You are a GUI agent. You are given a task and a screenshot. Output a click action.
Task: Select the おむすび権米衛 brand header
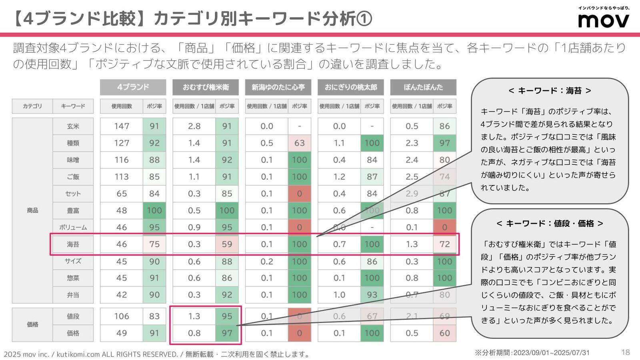point(206,87)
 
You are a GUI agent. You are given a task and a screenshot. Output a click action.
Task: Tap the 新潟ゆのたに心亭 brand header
point(278,87)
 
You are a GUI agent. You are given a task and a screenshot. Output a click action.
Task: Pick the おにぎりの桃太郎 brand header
point(351,87)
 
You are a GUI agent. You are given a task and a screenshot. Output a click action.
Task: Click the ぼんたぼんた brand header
point(423,87)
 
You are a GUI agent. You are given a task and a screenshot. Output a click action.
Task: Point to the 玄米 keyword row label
point(73,126)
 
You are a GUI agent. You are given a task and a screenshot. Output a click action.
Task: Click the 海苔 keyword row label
point(73,244)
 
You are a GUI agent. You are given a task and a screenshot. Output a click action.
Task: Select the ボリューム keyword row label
point(73,227)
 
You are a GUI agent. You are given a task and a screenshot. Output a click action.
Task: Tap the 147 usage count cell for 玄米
point(122,126)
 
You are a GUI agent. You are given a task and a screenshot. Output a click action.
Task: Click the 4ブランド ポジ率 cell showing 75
point(154,244)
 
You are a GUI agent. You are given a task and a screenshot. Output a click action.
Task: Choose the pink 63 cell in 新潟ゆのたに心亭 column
point(299,143)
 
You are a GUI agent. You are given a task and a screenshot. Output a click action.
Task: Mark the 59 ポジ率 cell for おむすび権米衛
point(227,244)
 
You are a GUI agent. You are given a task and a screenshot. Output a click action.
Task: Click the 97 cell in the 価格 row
point(227,333)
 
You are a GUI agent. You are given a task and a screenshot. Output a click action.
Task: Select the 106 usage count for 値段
point(122,316)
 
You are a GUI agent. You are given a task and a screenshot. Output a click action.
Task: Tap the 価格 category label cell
point(32,324)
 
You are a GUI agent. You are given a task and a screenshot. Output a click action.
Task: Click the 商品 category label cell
point(32,210)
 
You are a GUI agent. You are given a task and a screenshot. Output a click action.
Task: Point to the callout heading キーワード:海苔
point(550,91)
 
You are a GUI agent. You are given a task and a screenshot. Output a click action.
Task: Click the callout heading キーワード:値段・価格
point(550,224)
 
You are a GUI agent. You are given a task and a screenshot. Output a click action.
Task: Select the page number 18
point(626,352)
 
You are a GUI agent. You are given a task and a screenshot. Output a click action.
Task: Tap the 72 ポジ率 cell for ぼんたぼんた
point(444,244)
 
